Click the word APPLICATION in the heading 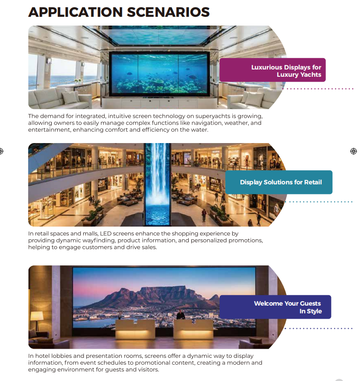(x=75, y=12)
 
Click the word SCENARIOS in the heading (x=168, y=12)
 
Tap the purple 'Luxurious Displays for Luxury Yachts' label (x=272, y=70)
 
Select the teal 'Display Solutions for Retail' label (x=279, y=182)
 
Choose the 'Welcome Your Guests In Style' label (x=275, y=307)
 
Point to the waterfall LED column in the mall (x=158, y=184)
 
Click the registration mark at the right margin (x=354, y=151)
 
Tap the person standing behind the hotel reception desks (x=180, y=315)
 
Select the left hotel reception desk (x=135, y=328)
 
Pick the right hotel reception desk (x=193, y=328)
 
